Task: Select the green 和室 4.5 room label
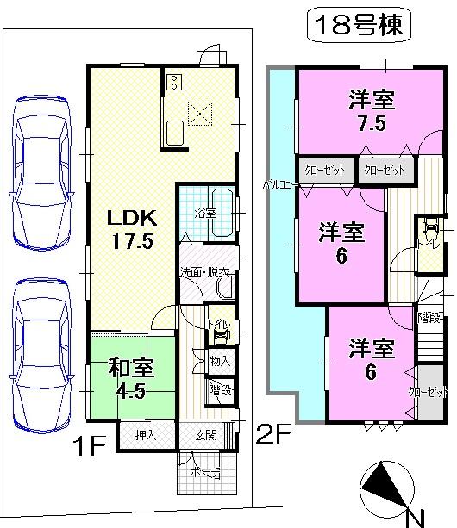tap(131, 378)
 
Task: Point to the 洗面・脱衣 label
tap(204, 272)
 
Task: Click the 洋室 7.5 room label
tap(372, 110)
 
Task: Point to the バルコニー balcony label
tap(280, 184)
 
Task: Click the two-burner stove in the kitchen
tap(171, 84)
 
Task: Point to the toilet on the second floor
tap(430, 233)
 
